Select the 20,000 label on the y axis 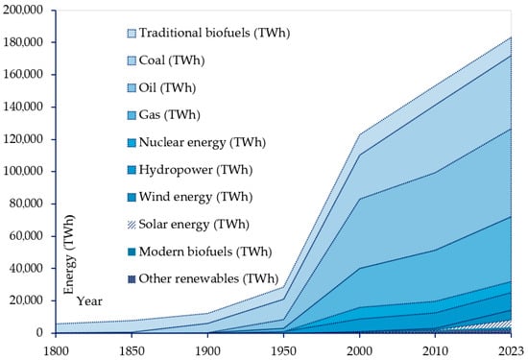click(x=29, y=300)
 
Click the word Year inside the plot click(x=89, y=300)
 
